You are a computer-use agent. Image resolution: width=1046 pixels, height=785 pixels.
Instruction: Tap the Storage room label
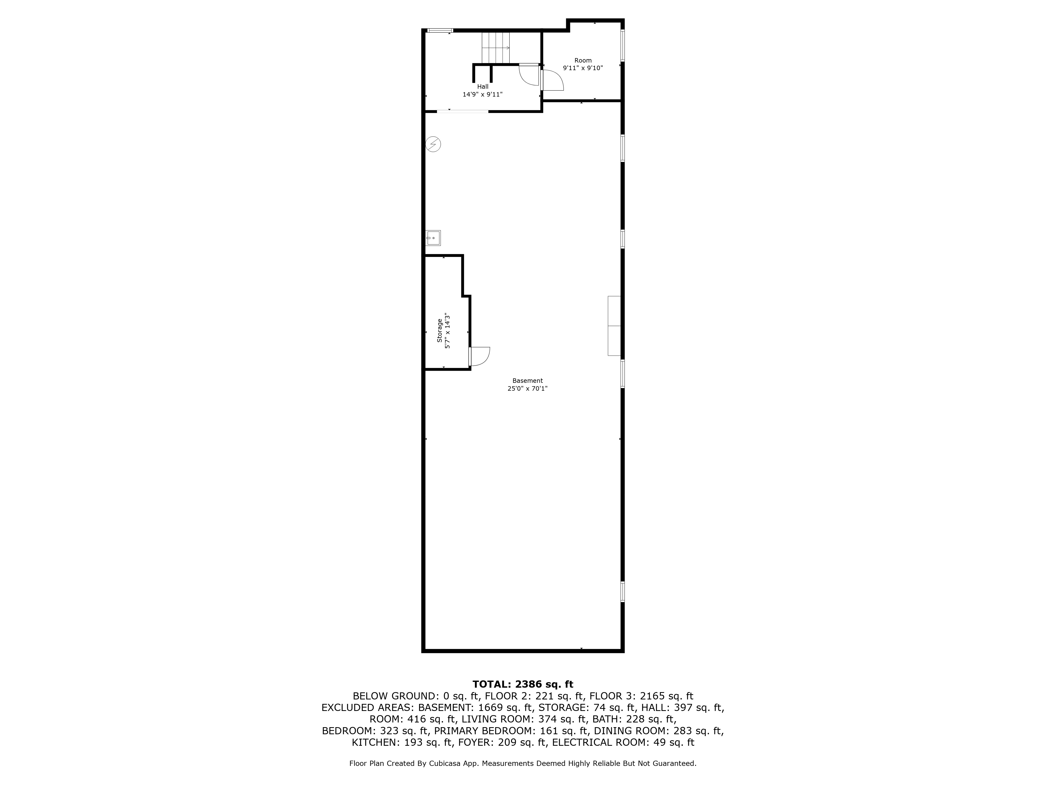pyautogui.click(x=439, y=330)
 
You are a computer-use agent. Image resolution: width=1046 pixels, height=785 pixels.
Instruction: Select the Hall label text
pyautogui.click(x=483, y=87)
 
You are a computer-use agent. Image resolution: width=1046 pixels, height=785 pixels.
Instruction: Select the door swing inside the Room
pyautogui.click(x=552, y=80)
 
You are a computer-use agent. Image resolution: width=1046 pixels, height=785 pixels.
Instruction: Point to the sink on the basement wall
pyautogui.click(x=433, y=238)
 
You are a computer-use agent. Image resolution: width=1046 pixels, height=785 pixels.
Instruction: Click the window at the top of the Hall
pyautogui.click(x=440, y=31)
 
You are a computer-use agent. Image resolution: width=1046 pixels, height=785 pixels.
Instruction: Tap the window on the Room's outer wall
pyautogui.click(x=622, y=46)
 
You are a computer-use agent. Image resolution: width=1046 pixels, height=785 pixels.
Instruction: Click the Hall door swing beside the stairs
pyautogui.click(x=529, y=75)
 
